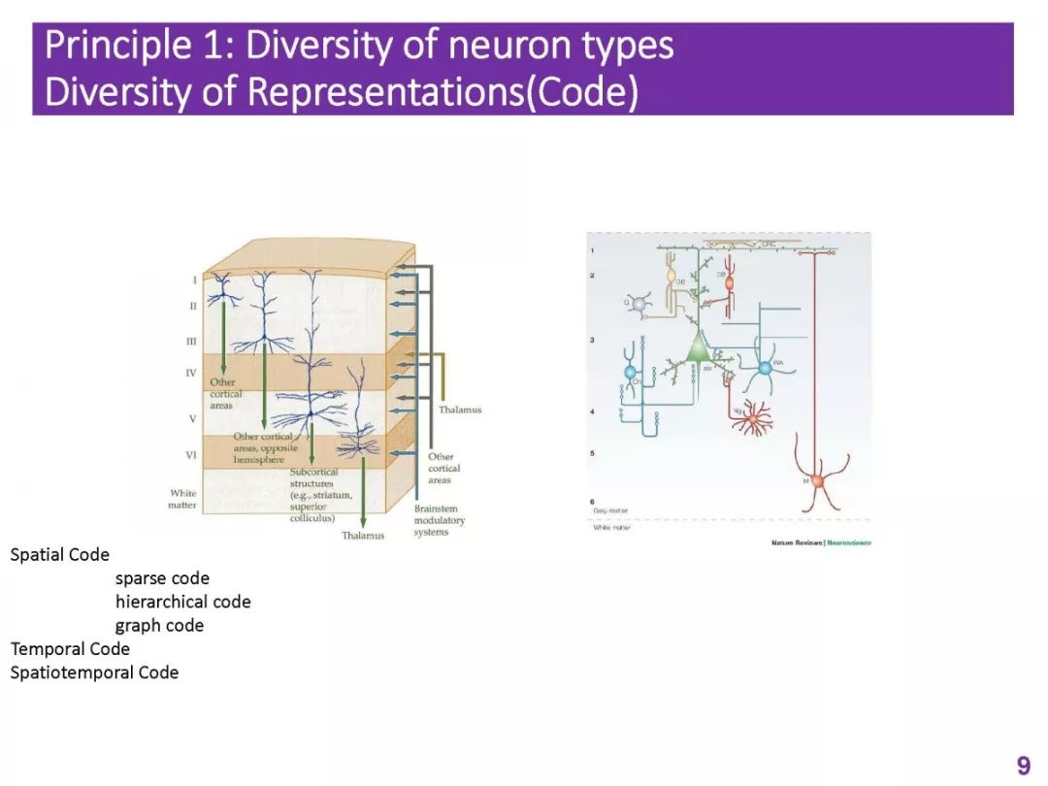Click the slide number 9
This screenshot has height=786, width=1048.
coord(1023,766)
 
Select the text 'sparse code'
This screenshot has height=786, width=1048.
coord(162,578)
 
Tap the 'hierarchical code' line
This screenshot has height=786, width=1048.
coord(182,602)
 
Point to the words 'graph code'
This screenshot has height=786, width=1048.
coord(159,625)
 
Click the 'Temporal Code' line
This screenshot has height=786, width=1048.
coord(70,648)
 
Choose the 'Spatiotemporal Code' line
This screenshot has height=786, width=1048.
coord(94,671)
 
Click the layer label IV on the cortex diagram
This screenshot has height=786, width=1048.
coord(191,373)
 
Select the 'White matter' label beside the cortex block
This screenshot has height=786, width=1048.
coord(182,499)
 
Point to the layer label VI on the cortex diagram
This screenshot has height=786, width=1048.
coord(191,454)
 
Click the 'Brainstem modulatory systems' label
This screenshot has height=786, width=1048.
coord(439,520)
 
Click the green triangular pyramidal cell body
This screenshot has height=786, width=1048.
coord(699,348)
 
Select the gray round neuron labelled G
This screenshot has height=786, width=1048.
coord(638,306)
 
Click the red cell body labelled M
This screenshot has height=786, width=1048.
coord(817,481)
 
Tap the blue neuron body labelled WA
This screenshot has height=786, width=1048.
coord(765,368)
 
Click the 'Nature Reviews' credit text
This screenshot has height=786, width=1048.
coord(796,542)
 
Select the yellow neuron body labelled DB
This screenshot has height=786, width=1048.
coord(671,277)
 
